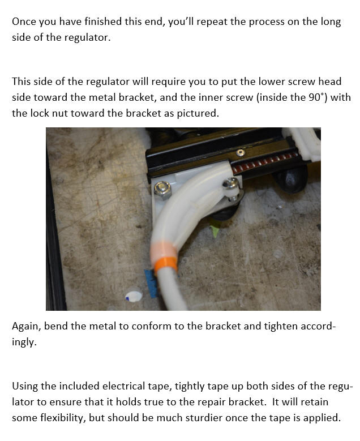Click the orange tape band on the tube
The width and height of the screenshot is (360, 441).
[166, 264]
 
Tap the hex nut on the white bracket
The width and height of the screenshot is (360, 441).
[162, 190]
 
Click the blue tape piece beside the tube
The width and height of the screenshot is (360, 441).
[151, 283]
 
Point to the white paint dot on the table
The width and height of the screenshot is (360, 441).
[134, 296]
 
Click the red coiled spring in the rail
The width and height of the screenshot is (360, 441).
[264, 162]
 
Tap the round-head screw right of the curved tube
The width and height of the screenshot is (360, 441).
[230, 183]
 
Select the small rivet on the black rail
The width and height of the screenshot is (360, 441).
[240, 153]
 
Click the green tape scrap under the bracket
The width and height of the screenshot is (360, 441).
[215, 229]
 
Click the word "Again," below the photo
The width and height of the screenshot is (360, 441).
[27, 326]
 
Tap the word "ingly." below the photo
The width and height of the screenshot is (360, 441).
[24, 342]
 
